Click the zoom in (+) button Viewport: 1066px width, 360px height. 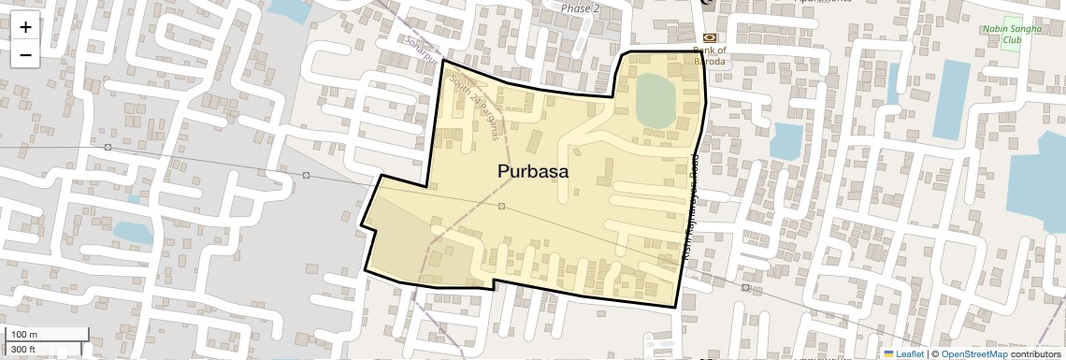click(25, 27)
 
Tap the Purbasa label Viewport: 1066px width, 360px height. click(532, 172)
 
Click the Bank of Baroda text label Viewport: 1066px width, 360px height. click(710, 55)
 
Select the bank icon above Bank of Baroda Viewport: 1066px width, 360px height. click(709, 37)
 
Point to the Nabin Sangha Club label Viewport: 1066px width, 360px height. click(1012, 36)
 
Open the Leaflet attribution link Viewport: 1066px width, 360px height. click(904, 353)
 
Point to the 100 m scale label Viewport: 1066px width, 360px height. click(25, 335)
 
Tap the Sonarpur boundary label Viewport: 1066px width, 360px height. click(422, 45)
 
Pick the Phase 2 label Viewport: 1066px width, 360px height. click(580, 8)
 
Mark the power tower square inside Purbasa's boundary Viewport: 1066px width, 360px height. click(502, 206)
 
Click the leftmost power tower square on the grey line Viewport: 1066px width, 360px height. click(108, 148)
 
